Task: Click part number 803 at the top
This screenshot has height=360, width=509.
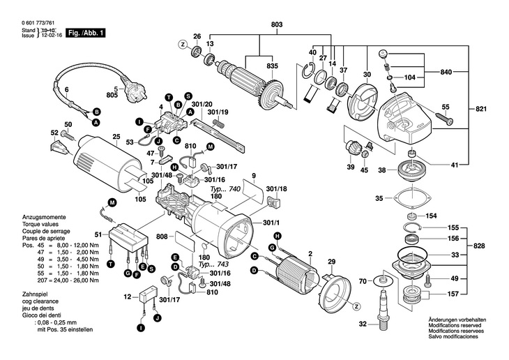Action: point(277,25)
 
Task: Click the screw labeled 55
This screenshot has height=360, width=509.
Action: point(443,121)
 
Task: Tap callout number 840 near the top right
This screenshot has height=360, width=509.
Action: point(446,72)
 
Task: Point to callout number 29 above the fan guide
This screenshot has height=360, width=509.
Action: point(332,261)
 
